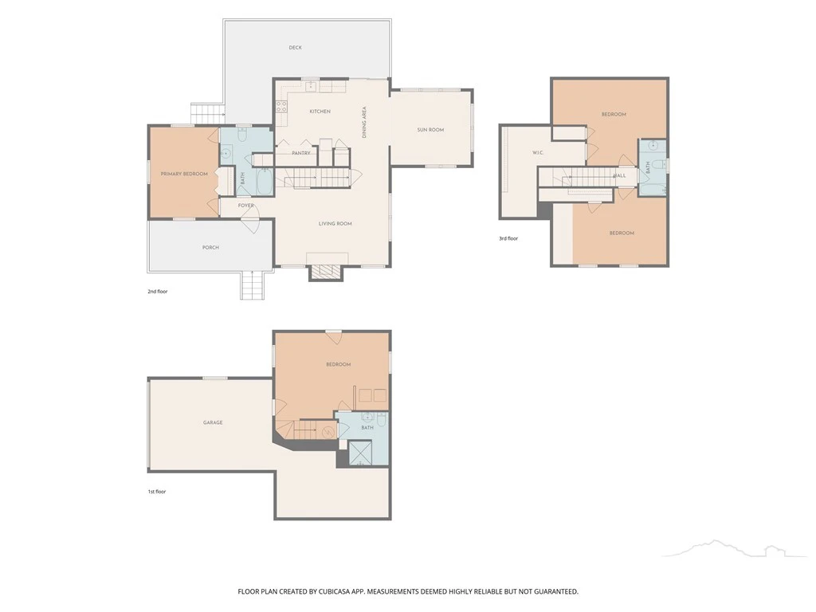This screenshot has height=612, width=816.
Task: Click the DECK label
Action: pyautogui.click(x=295, y=47)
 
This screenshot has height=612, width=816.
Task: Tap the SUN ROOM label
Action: pyautogui.click(x=430, y=130)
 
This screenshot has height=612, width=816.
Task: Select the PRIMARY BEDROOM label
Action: pyautogui.click(x=184, y=174)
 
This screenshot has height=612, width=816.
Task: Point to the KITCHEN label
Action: pyautogui.click(x=320, y=112)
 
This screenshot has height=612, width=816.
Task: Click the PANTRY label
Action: pyautogui.click(x=300, y=153)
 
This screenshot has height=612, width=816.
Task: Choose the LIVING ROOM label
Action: pyautogui.click(x=335, y=224)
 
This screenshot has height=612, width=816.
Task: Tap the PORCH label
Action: pyautogui.click(x=210, y=248)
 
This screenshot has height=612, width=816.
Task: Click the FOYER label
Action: pyautogui.click(x=246, y=206)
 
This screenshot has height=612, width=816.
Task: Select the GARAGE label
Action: pyautogui.click(x=213, y=422)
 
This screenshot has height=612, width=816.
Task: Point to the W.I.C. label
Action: pyautogui.click(x=538, y=152)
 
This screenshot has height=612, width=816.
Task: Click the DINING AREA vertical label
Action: pyautogui.click(x=364, y=122)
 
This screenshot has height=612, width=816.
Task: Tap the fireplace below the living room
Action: pyautogui.click(x=326, y=273)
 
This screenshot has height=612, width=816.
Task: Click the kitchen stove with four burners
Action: pyautogui.click(x=281, y=107)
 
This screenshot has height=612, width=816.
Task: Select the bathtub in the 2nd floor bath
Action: pyautogui.click(x=264, y=181)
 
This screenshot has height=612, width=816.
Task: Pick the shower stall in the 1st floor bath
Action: pyautogui.click(x=359, y=453)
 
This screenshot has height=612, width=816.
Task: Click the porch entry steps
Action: pyautogui.click(x=252, y=285)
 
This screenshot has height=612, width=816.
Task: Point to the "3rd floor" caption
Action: pyautogui.click(x=508, y=238)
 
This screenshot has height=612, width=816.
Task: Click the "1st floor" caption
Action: pyautogui.click(x=157, y=491)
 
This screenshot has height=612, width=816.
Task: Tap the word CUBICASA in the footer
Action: pyautogui.click(x=337, y=592)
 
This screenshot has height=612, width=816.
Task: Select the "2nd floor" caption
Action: pyautogui.click(x=158, y=292)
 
